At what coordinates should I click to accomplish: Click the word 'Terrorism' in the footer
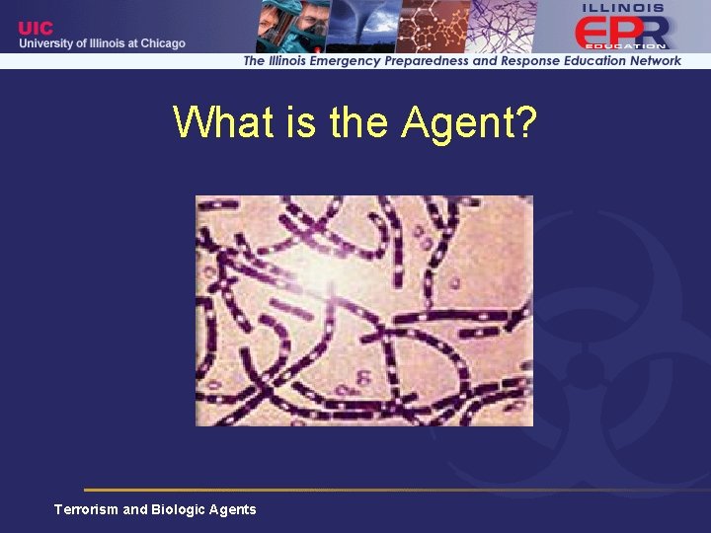point(86,509)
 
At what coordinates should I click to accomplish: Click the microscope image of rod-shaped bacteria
point(363,310)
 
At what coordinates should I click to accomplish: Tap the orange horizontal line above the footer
point(395,490)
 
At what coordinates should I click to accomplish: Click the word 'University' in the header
point(49,43)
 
